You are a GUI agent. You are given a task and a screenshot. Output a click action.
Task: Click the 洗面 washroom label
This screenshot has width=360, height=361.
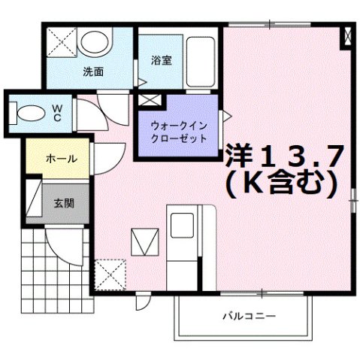[93, 72]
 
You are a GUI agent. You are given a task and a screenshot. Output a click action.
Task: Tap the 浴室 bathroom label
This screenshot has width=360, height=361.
[160, 60]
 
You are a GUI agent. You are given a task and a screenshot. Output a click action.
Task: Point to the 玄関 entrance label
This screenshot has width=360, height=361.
[63, 203]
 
